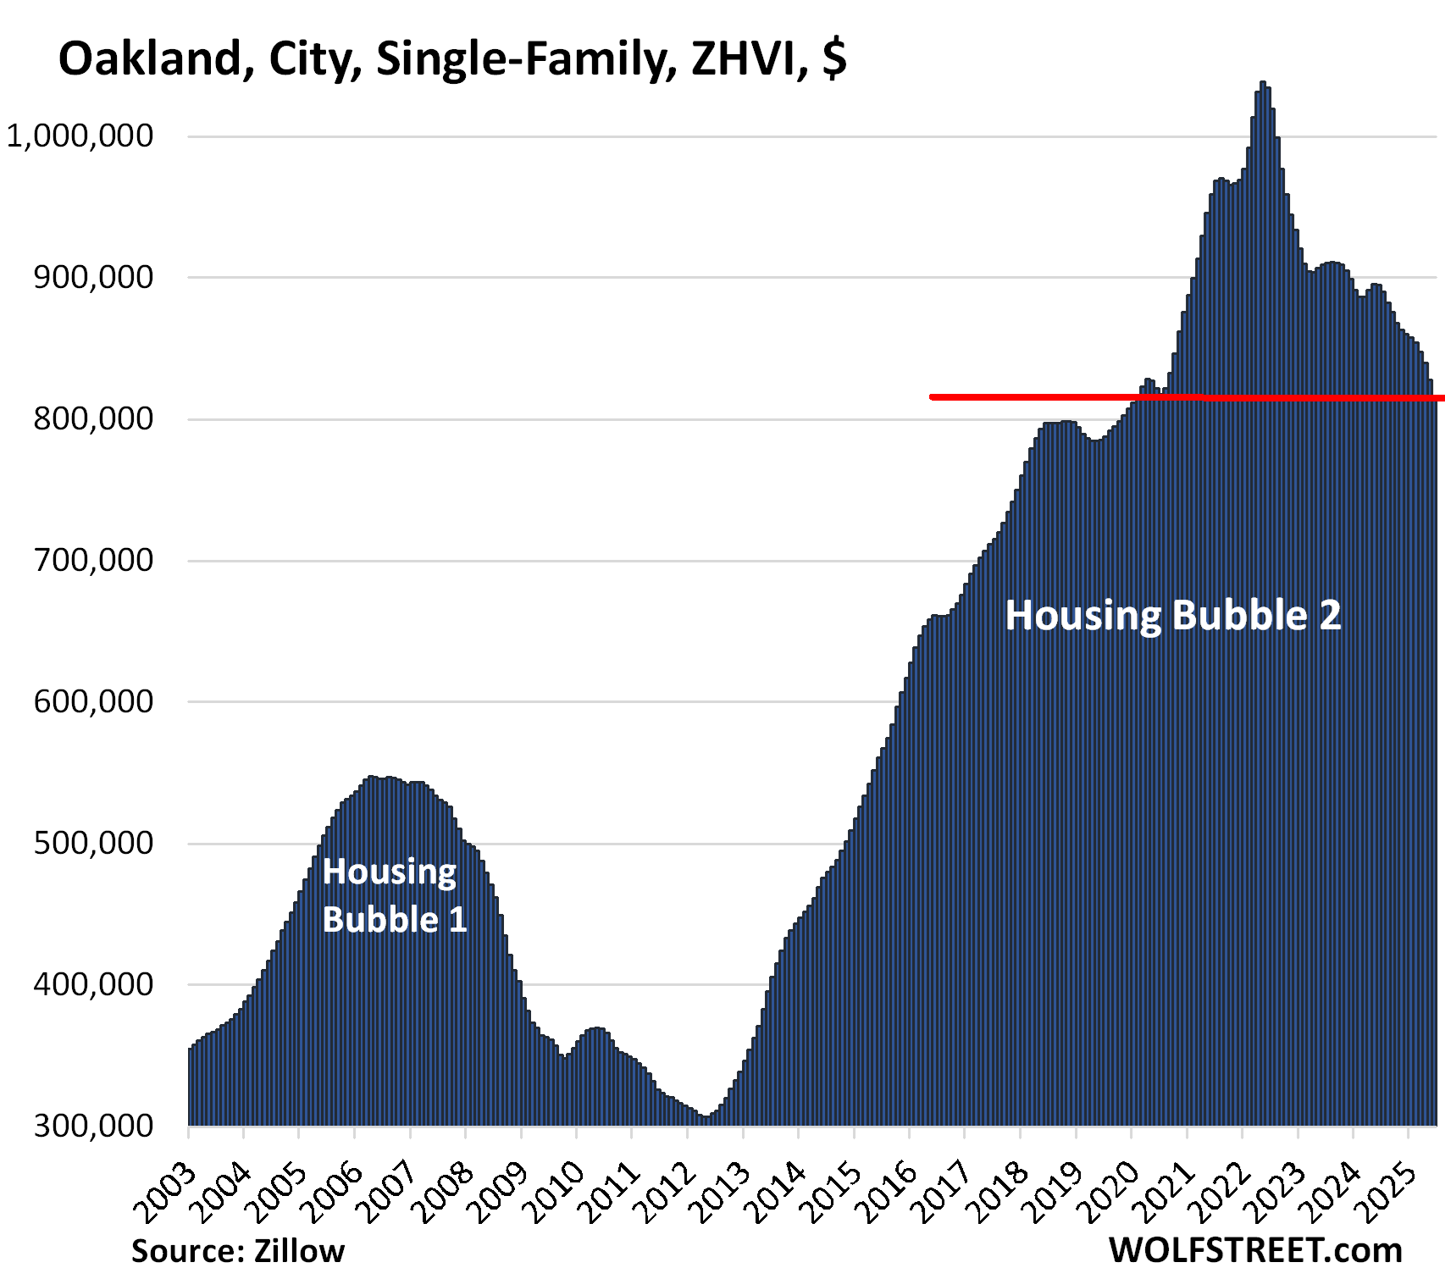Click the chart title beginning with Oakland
click(452, 59)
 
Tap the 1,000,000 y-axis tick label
click(80, 136)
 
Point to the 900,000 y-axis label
click(93, 277)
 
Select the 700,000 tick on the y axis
click(93, 560)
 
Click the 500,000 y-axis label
click(93, 843)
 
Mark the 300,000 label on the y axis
click(93, 1126)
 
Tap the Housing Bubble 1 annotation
click(394, 895)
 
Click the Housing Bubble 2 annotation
click(1173, 615)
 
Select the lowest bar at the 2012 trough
click(706, 1121)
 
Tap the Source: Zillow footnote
click(238, 1251)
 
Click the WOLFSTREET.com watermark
click(1255, 1250)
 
